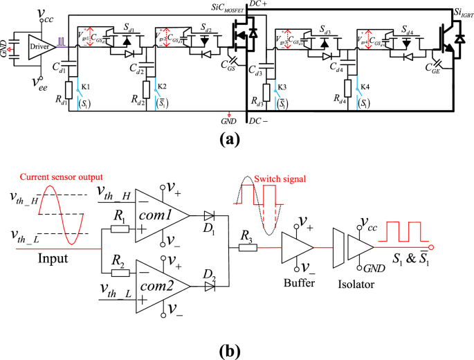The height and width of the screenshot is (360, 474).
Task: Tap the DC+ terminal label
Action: [x=259, y=6]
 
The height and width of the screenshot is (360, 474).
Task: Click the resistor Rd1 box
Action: [x=69, y=90]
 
